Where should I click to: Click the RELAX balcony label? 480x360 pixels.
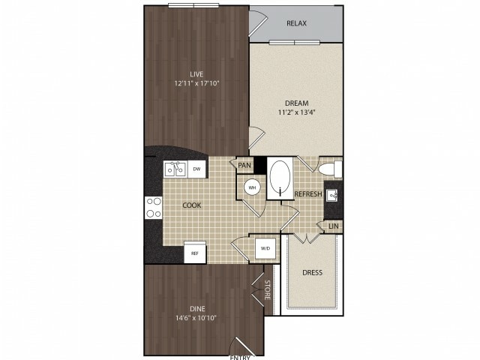(296, 23)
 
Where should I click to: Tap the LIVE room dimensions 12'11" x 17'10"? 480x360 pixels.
(196, 83)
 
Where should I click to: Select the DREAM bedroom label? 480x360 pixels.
(296, 103)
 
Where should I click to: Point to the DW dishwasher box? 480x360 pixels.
(196, 169)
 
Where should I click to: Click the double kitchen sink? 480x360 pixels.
(175, 169)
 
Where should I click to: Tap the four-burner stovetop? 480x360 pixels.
(153, 208)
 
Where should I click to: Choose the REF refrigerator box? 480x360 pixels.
(195, 253)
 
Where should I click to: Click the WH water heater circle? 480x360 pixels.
(252, 187)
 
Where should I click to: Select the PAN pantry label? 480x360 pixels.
(244, 166)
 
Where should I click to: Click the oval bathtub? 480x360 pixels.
(280, 178)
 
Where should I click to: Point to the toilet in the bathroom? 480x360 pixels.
(330, 169)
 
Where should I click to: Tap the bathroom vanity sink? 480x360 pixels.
(332, 195)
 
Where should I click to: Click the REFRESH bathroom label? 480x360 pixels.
(308, 194)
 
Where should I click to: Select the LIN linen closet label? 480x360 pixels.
(333, 226)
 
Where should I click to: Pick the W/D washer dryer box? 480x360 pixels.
(265, 248)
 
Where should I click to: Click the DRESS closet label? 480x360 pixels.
(312, 272)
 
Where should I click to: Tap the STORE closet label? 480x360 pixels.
(267, 289)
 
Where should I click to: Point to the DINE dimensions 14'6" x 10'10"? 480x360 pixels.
(196, 318)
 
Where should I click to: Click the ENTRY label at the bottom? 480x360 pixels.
(240, 357)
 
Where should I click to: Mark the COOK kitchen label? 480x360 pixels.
(192, 205)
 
